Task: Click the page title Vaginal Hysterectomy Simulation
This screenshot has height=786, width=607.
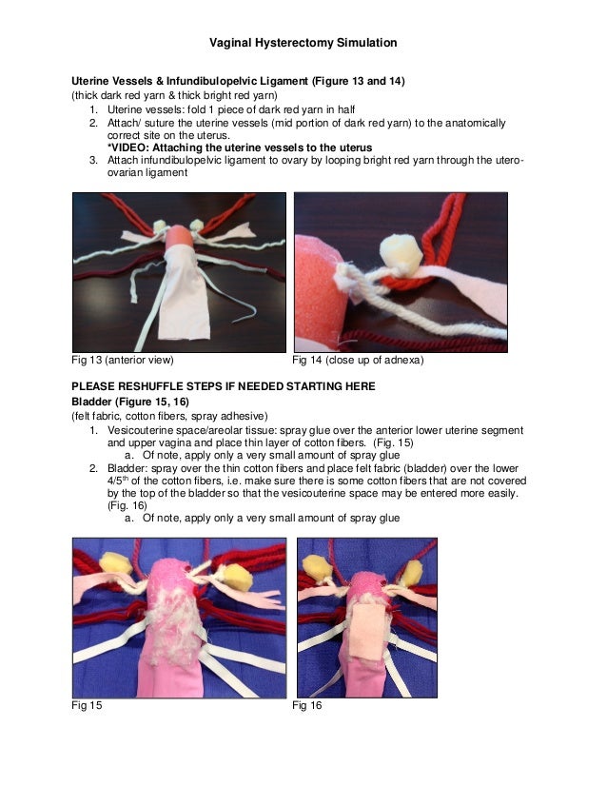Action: (x=303, y=43)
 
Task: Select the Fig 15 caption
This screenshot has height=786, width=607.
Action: (x=87, y=705)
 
